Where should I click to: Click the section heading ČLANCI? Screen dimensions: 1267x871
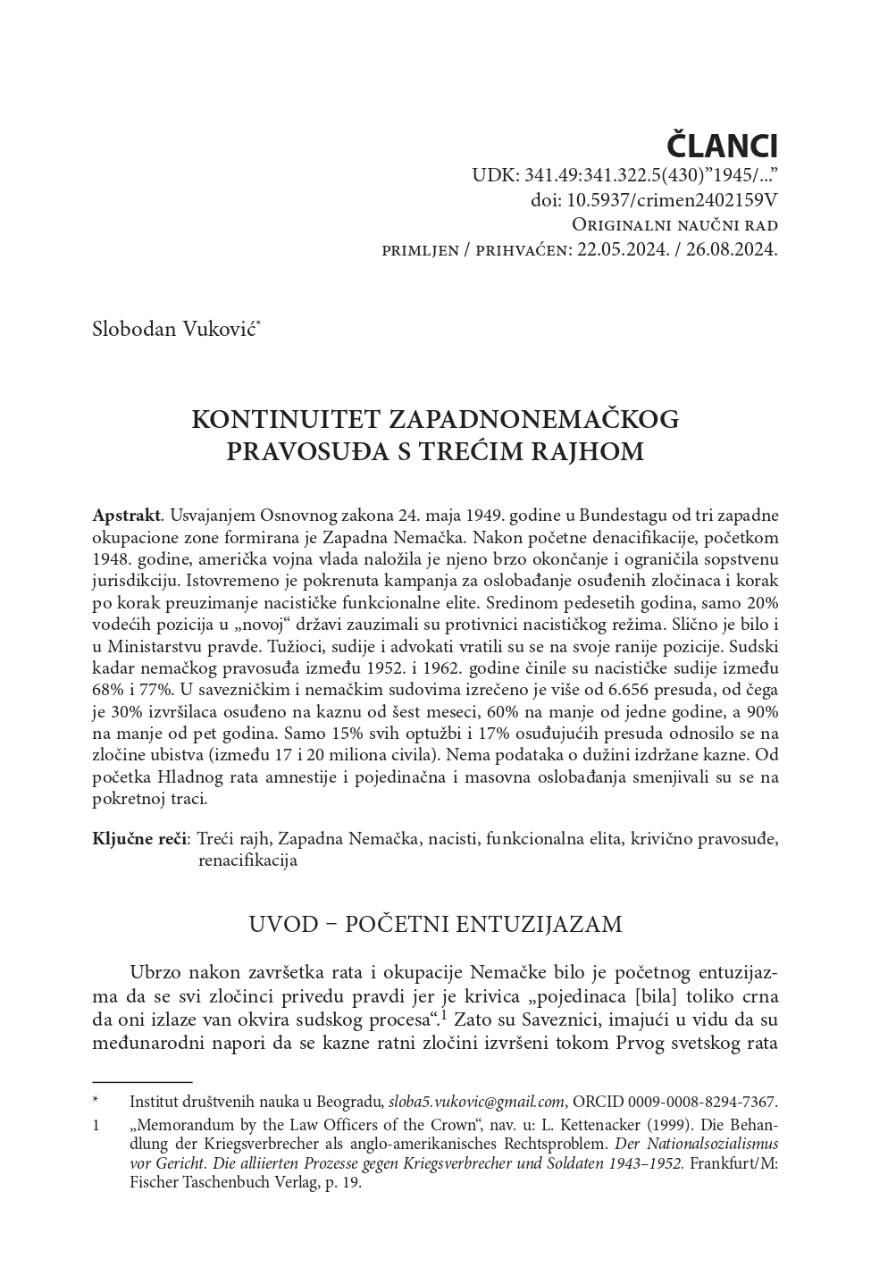tap(723, 146)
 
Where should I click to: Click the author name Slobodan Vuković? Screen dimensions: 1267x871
tap(175, 328)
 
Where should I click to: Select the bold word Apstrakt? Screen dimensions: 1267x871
tap(126, 516)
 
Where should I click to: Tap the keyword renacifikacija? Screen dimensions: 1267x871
tap(247, 860)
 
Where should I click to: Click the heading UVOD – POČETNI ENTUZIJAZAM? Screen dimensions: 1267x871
tap(435, 923)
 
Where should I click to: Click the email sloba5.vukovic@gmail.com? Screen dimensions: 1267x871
tap(477, 1102)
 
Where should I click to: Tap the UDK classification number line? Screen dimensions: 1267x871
tap(625, 176)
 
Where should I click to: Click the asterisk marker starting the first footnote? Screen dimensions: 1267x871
tap(96, 1102)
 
